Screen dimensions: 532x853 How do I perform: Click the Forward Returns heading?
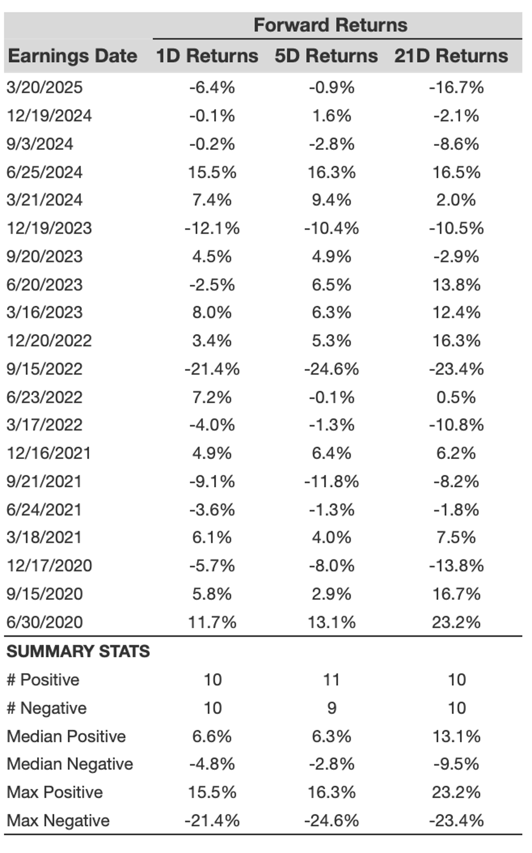330,25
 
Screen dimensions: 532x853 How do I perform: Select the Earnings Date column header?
72,56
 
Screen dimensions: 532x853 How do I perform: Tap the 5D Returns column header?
326,56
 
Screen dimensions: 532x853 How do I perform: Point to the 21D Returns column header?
451,56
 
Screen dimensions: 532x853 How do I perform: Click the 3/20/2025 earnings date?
44,88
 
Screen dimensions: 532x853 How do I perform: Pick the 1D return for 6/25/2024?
212,172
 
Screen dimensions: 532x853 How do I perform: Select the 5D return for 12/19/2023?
331,229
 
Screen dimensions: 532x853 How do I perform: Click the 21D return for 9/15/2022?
456,369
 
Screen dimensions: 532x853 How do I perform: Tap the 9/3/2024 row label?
39,144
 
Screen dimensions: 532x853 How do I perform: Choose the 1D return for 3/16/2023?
212,312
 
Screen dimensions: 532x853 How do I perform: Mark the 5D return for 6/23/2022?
331,397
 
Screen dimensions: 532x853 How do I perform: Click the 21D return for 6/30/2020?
456,622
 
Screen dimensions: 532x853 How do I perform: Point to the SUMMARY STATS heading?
78,651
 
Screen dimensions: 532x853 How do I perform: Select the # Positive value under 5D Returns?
331,680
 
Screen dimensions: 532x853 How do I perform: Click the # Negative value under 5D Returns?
332,708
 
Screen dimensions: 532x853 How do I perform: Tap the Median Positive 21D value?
456,736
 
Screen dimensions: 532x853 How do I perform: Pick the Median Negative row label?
70,764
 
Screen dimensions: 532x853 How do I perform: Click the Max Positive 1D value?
212,793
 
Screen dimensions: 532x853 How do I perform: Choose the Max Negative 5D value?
331,821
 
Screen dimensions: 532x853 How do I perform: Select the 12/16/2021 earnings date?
49,453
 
